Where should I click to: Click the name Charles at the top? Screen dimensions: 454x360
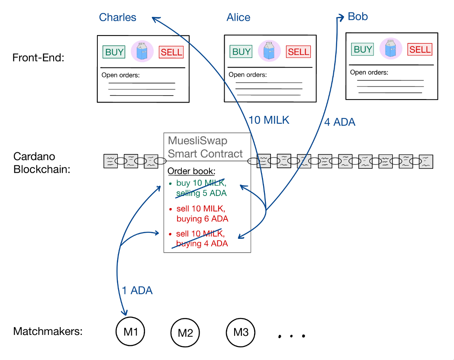click(x=118, y=17)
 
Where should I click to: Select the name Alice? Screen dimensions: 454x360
click(x=238, y=17)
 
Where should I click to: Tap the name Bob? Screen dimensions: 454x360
click(x=357, y=16)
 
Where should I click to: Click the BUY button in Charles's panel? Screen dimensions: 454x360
click(x=114, y=52)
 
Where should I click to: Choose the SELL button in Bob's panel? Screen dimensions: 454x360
click(x=420, y=49)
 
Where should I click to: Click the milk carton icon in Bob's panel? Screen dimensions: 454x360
click(x=390, y=48)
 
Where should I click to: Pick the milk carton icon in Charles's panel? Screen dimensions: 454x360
click(x=142, y=51)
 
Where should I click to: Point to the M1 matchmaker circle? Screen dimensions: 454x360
click(x=130, y=331)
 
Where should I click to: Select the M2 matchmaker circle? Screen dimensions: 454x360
click(x=185, y=332)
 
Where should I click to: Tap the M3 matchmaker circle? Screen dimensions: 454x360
click(x=241, y=332)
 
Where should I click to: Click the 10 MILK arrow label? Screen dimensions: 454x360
click(x=269, y=120)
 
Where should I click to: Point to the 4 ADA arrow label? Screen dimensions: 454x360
click(x=340, y=122)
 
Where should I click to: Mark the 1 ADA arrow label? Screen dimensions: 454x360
click(x=137, y=290)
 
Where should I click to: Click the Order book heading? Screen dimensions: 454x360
click(x=191, y=171)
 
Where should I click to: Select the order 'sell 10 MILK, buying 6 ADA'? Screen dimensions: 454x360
click(x=202, y=214)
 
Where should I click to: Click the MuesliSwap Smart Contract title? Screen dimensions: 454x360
click(x=205, y=147)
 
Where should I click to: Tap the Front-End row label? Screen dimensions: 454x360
click(x=38, y=58)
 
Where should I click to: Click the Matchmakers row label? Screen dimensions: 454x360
click(x=48, y=331)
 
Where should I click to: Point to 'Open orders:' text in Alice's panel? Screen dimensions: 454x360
click(x=248, y=75)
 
